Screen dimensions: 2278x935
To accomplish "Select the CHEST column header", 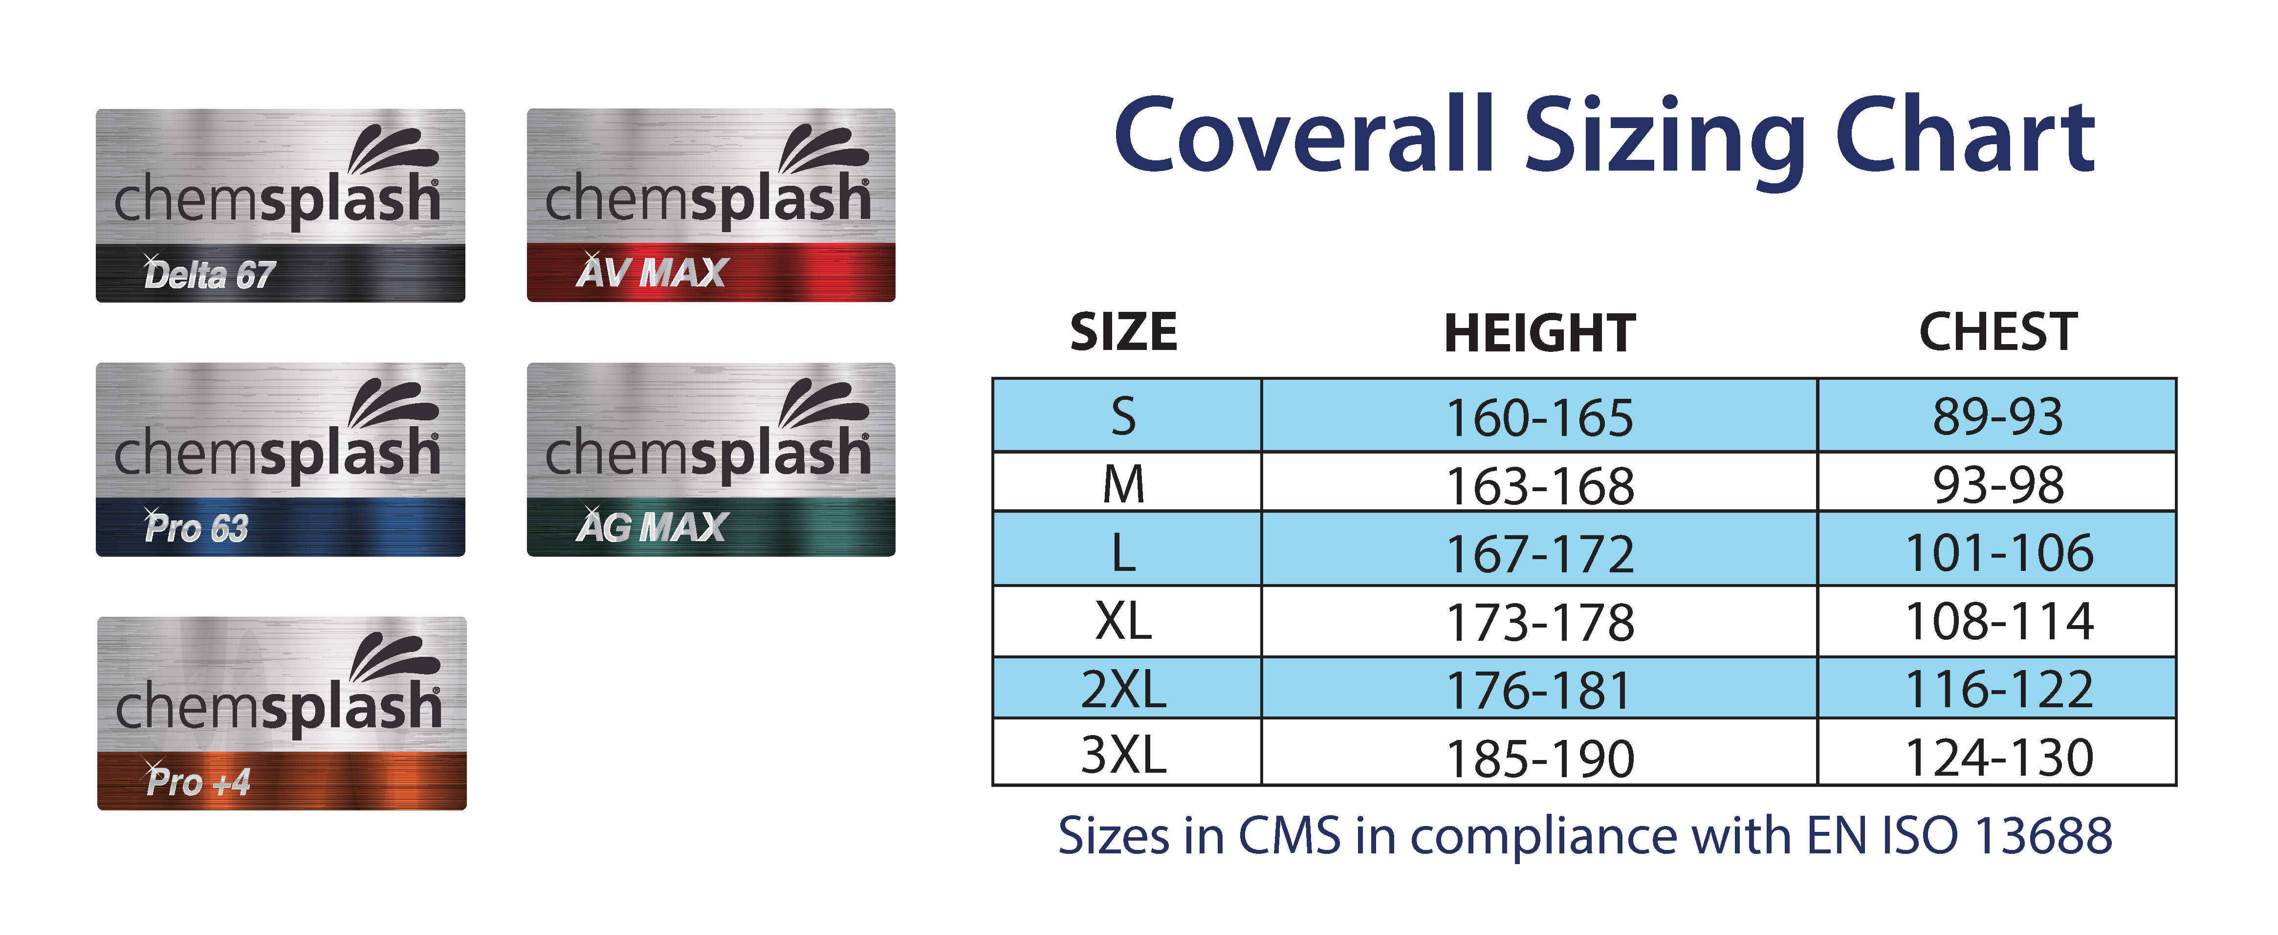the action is point(1998,332).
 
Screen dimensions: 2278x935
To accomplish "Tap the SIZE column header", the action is point(1123,332).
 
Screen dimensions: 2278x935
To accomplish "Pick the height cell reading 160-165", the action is point(1539,417).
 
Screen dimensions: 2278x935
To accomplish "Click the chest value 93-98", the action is point(1998,485).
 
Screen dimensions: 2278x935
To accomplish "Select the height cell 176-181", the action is point(1539,690).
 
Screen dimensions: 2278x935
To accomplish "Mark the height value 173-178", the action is point(1539,622).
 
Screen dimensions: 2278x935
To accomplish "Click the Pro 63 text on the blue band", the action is point(197,527).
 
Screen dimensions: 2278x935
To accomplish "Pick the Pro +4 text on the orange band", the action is point(198,781).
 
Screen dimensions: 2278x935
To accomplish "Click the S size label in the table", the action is point(1123,416).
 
